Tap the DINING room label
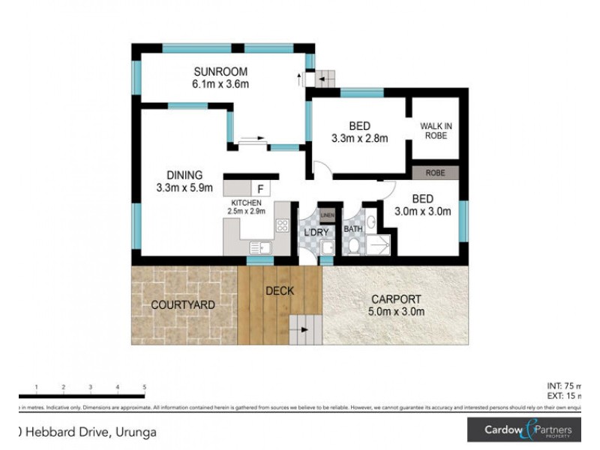click(184, 175)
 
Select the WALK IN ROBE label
click(435, 130)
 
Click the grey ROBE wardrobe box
click(435, 172)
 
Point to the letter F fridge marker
click(259, 188)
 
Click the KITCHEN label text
click(246, 203)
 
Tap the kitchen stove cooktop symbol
click(283, 225)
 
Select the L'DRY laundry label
click(316, 232)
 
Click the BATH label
click(353, 229)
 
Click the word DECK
click(280, 291)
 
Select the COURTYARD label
click(184, 305)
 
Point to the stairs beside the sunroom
click(324, 77)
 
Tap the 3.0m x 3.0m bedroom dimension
click(424, 211)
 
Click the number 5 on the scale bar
click(144, 387)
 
